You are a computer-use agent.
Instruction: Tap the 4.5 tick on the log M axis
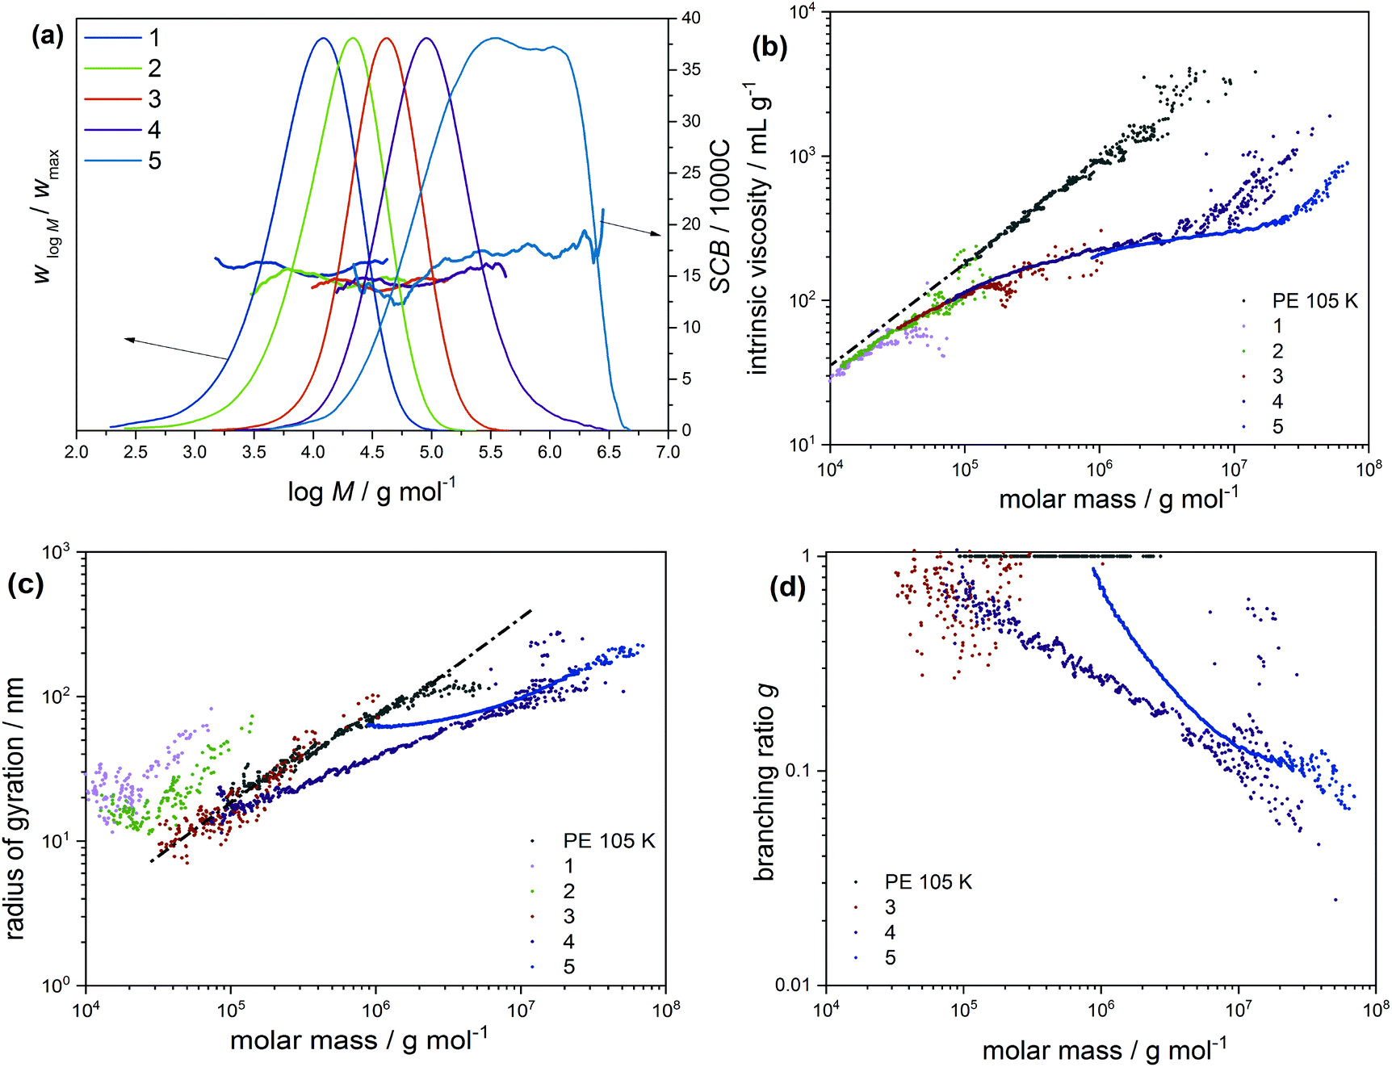tap(372, 452)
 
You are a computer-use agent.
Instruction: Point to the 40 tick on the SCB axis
tap(691, 18)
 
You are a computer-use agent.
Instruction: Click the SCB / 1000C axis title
tap(719, 215)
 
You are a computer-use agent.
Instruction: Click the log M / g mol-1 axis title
tap(371, 491)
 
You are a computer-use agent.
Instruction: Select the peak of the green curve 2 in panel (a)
tap(352, 38)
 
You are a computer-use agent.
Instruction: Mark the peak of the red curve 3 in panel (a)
tap(387, 38)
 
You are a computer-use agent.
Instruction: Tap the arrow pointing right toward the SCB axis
tap(658, 233)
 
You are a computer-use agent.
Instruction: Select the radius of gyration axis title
tap(15, 809)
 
